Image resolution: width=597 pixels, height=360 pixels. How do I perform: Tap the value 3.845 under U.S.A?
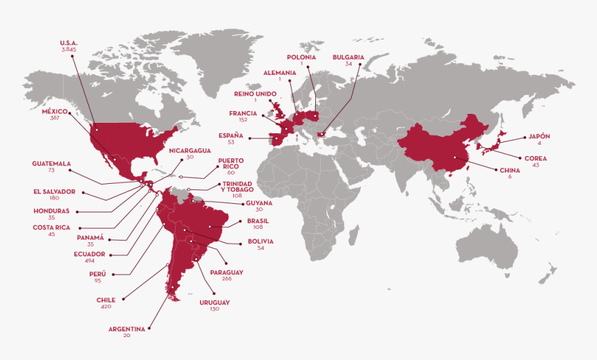[69, 50]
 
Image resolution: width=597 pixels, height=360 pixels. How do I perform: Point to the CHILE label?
[106, 300]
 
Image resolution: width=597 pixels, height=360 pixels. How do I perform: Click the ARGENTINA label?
[126, 328]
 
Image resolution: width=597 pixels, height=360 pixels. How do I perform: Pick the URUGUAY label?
[215, 302]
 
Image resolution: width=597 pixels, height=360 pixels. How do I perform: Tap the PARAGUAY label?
[226, 272]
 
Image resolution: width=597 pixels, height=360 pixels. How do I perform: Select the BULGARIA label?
[348, 57]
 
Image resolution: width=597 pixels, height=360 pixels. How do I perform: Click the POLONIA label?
[301, 57]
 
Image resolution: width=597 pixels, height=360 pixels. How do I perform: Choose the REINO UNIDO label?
[255, 93]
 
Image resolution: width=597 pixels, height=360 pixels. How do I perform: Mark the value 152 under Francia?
[244, 119]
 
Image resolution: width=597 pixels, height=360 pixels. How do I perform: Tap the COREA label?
[535, 158]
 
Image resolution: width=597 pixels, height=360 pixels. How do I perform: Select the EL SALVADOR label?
[53, 191]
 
